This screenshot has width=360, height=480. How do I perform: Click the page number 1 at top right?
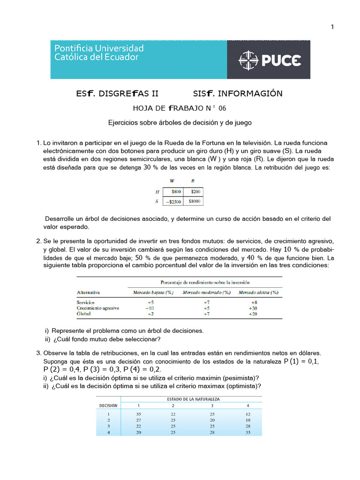[332, 27]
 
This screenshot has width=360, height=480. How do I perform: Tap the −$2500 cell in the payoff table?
[173, 201]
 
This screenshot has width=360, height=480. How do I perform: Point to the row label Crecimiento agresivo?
[98, 308]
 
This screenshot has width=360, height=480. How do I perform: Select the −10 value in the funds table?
[150, 308]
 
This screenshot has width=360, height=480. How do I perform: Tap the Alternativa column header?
[90, 292]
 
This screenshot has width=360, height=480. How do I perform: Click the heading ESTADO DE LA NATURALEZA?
[194, 399]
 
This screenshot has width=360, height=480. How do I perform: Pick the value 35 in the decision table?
[138, 414]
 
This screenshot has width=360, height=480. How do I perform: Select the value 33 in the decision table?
[248, 432]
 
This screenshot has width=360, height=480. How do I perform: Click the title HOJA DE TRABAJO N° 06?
[180, 108]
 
